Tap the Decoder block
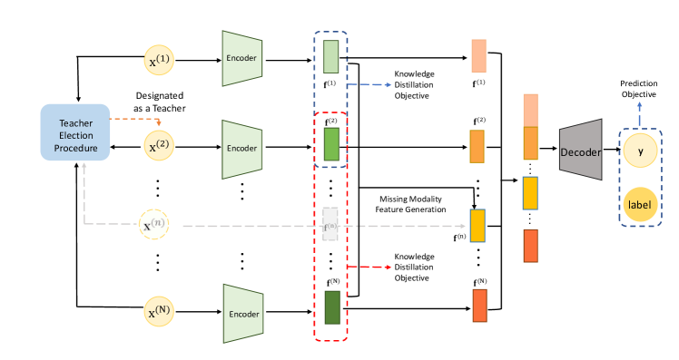(x=581, y=151)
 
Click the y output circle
(x=640, y=151)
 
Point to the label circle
(x=640, y=206)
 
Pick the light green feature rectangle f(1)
(x=330, y=58)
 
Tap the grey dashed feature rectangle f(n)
(x=330, y=224)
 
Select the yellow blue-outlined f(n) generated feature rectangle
(x=477, y=224)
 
